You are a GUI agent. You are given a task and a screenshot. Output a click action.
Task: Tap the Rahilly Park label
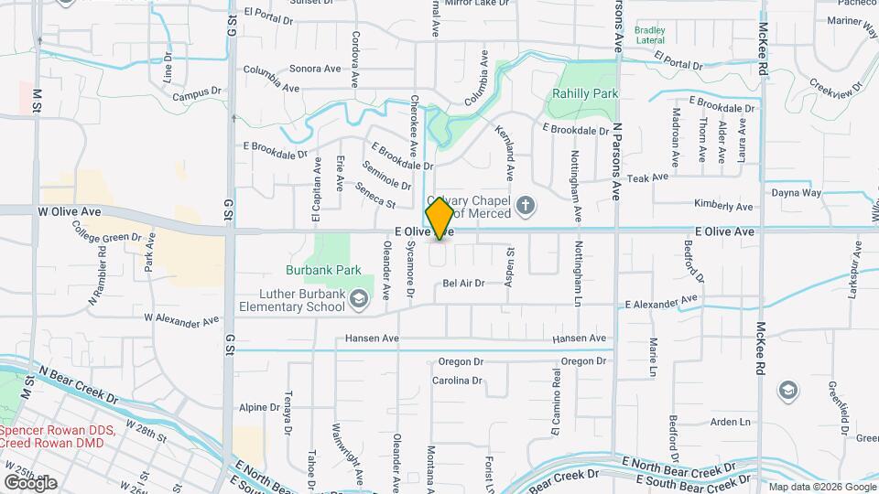585,93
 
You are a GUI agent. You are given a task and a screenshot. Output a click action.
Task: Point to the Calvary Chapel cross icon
526,204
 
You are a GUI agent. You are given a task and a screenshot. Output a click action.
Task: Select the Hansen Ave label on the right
580,338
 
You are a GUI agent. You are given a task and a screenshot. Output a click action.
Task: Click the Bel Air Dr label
476,284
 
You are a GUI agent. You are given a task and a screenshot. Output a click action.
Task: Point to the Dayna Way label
796,193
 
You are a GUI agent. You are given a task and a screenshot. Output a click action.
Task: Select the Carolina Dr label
457,381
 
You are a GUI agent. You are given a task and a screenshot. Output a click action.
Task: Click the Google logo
30,482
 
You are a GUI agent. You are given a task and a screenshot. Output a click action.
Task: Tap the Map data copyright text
820,487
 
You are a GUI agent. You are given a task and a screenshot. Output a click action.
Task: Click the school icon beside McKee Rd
787,391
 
